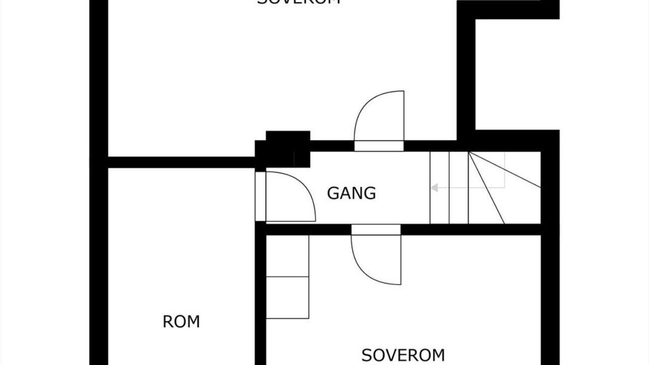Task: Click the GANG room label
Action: click(351, 193)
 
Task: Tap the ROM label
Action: click(181, 321)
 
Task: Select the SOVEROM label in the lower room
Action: click(403, 355)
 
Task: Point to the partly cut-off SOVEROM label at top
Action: click(298, 2)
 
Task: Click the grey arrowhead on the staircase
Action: click(434, 188)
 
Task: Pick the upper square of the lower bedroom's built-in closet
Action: click(287, 256)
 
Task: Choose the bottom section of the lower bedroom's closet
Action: click(287, 298)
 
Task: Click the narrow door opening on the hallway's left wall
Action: click(260, 197)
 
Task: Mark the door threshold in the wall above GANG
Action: click(379, 146)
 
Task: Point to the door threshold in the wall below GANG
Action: click(376, 230)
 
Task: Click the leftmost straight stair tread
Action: click(439, 188)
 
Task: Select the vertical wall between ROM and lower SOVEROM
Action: click(261, 299)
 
